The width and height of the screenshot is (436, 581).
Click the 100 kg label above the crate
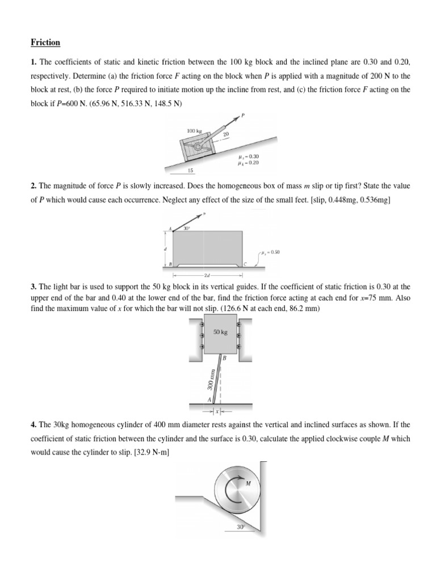(x=194, y=131)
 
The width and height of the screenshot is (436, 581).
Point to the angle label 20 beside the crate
(x=225, y=134)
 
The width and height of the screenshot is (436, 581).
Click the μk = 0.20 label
(x=249, y=162)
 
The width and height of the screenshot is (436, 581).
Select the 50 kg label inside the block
(x=220, y=332)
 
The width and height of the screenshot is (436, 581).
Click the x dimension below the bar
(x=216, y=409)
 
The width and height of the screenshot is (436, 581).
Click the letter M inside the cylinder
(x=248, y=483)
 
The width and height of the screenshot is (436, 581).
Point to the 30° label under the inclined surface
(x=241, y=527)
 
